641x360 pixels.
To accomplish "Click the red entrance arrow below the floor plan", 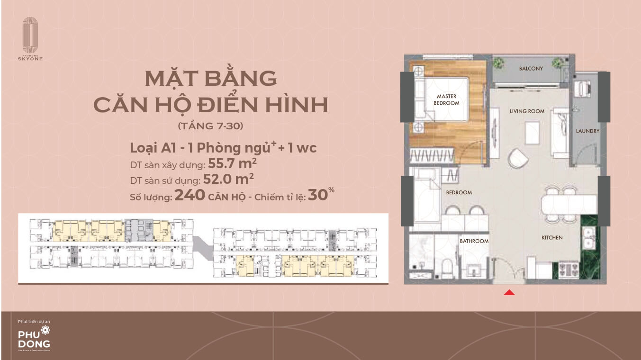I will [x=509, y=293].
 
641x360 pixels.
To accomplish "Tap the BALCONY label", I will [x=531, y=69].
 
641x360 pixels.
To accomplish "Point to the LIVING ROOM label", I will [x=527, y=111].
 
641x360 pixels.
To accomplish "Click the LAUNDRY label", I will [x=587, y=131].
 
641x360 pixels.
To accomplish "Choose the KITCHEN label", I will [x=552, y=237].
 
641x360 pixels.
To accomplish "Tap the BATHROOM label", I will [x=474, y=241].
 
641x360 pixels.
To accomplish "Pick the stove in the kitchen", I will [x=566, y=270].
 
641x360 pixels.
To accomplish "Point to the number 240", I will [x=190, y=195].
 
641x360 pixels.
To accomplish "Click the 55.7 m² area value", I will [x=231, y=164].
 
